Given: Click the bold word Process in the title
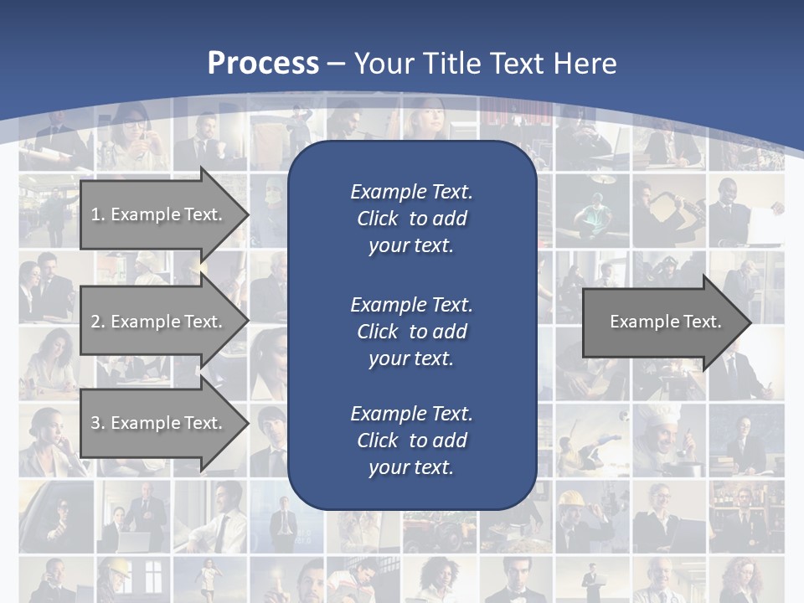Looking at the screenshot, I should (263, 64).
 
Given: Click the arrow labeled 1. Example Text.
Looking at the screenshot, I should (159, 214).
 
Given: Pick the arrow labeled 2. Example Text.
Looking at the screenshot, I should (159, 322).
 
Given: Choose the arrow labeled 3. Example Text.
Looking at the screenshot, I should (159, 423).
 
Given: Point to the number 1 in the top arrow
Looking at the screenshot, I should (95, 214).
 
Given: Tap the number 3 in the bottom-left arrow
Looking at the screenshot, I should (95, 423).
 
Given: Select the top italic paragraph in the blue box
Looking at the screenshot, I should (411, 219).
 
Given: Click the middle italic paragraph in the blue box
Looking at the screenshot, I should (411, 331).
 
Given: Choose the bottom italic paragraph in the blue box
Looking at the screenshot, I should (411, 441).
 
